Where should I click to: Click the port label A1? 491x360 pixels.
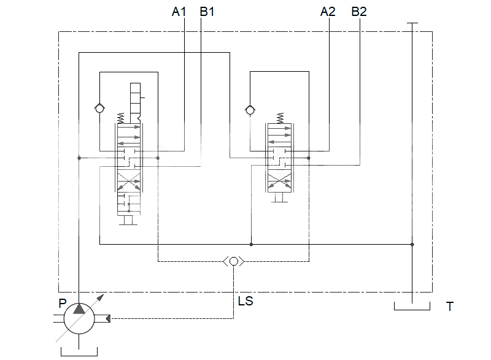(178, 11)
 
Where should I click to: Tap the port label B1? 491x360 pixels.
(207, 11)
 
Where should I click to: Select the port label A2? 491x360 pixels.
(328, 11)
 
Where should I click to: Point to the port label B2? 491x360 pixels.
(358, 11)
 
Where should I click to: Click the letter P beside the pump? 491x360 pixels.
(62, 303)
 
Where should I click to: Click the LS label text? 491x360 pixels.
(245, 302)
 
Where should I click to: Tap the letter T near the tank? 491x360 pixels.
(450, 307)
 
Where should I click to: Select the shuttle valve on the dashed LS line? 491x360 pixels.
(233, 261)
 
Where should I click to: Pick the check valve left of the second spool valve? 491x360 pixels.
(250, 110)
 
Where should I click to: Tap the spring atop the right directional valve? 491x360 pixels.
(280, 117)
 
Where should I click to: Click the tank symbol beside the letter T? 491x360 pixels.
(412, 306)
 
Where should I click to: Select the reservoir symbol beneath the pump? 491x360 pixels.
(79, 351)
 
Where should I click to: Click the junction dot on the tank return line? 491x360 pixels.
(412, 244)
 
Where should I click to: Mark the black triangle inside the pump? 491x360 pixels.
(79, 308)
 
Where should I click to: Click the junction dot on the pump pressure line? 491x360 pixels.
(79, 158)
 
